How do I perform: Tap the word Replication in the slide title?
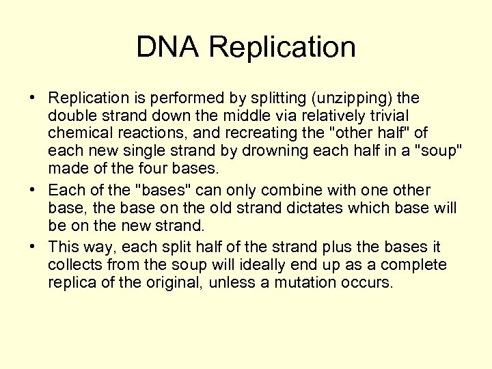pos(282,47)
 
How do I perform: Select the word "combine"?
pos(274,191)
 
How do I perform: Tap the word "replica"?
pos(71,282)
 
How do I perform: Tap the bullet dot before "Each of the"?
pos(33,191)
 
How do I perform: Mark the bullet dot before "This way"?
pos(33,247)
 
